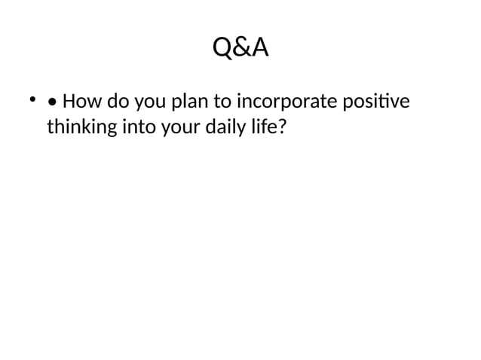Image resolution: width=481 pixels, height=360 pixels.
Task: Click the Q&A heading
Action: tap(240, 48)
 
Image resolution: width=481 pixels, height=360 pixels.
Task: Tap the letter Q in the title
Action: tap(222, 48)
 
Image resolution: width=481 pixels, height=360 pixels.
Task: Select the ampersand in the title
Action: tap(240, 48)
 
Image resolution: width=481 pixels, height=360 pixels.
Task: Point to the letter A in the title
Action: tap(259, 48)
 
